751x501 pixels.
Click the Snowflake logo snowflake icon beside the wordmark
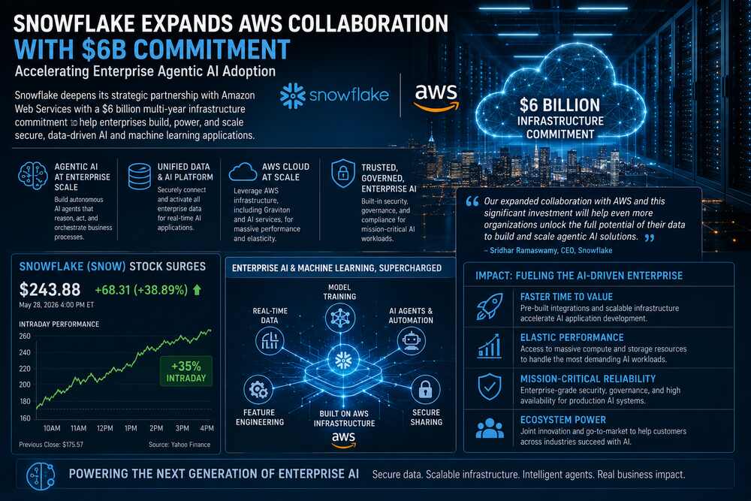click(x=293, y=96)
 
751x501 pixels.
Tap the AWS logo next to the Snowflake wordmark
click(x=436, y=97)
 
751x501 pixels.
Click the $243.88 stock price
click(x=50, y=290)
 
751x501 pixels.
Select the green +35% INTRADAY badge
click(x=185, y=372)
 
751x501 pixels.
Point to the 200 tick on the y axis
click(x=25, y=385)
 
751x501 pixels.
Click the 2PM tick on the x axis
click(x=156, y=428)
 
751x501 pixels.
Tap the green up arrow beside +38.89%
click(x=197, y=290)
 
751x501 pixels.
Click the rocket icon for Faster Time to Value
click(x=490, y=306)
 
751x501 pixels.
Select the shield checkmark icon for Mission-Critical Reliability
click(x=490, y=387)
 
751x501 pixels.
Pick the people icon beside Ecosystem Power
click(x=490, y=429)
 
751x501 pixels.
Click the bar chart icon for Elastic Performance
click(x=490, y=346)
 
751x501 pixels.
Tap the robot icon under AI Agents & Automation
click(x=411, y=341)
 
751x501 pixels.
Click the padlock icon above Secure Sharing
click(x=425, y=388)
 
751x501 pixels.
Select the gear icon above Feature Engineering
click(x=258, y=389)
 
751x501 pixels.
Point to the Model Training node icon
click(x=340, y=318)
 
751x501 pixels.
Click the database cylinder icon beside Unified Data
click(x=140, y=177)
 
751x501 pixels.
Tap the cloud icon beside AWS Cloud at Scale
click(x=243, y=171)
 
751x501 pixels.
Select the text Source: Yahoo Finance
click(x=179, y=445)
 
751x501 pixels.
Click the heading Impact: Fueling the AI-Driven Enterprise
click(x=579, y=276)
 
